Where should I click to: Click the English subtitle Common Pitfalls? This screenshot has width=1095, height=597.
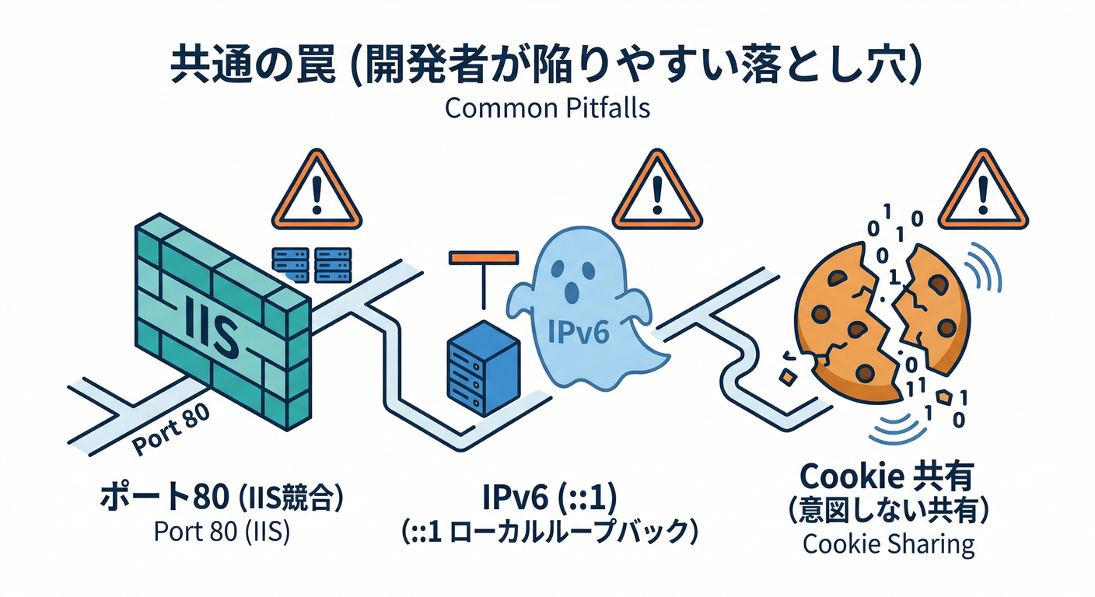point(547,107)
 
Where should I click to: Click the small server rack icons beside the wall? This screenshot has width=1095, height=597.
point(311,264)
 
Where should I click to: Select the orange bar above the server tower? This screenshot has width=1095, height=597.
point(483,257)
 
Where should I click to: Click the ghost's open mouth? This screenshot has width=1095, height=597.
point(573,293)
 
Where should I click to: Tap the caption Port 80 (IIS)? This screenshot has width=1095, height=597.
point(222,535)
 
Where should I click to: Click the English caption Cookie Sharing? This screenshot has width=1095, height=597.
point(888,544)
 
